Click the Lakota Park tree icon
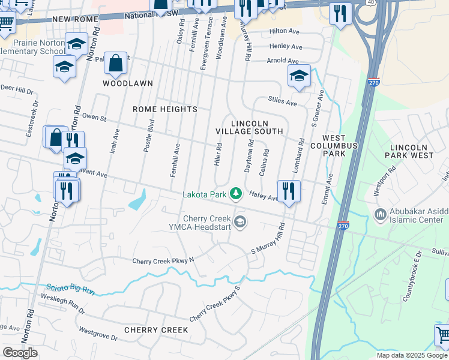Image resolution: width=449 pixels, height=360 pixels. [237, 193]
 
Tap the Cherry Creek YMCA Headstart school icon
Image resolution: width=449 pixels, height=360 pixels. [240, 223]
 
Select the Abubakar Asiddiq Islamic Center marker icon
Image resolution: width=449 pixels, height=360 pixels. [380, 214]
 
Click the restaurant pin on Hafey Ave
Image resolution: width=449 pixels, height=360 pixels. [289, 191]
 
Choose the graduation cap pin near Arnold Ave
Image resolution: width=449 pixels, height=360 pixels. [298, 76]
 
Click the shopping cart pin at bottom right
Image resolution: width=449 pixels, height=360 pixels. [443, 334]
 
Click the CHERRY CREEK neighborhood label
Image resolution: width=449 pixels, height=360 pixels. [156, 330]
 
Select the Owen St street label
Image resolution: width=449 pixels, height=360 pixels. [94, 118]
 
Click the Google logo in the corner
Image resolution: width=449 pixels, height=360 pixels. [20, 353]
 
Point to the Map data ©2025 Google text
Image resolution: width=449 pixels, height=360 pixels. [411, 355]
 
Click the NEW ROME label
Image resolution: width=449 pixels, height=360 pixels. [75, 19]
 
